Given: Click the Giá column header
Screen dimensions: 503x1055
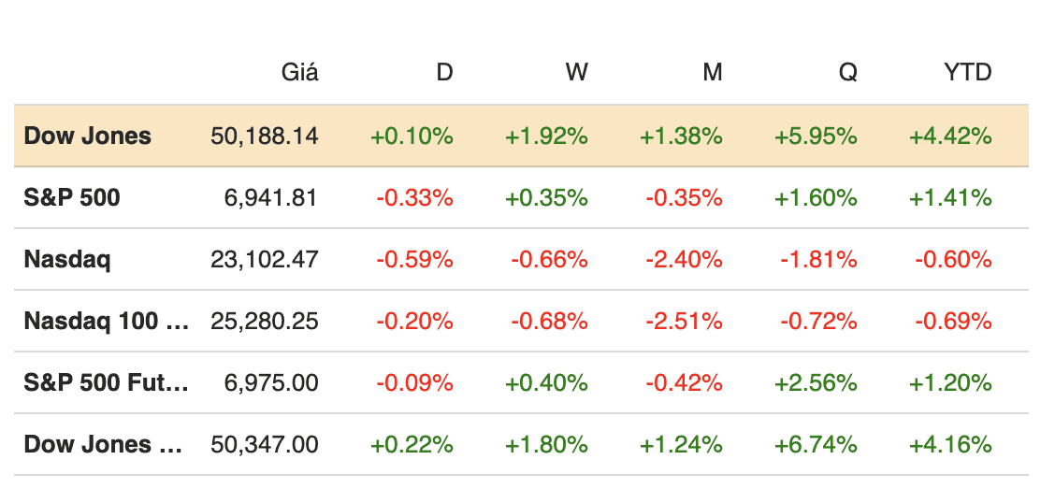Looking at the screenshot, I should [299, 72].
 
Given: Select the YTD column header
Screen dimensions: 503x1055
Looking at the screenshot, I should [967, 72].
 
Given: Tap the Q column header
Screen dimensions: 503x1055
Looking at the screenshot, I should [847, 72].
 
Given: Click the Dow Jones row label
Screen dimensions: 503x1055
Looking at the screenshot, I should [87, 136].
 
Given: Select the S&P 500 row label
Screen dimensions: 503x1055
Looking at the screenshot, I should [72, 197].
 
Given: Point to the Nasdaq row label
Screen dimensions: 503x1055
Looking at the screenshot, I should [66, 259].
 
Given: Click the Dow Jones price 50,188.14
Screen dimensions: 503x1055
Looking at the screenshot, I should [265, 136].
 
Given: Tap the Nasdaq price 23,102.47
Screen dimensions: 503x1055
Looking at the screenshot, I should [265, 259].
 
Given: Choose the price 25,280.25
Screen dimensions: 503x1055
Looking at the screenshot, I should [265, 321].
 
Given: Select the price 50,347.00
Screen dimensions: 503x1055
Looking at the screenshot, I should [265, 444].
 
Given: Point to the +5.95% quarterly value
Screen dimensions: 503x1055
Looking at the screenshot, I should [816, 136].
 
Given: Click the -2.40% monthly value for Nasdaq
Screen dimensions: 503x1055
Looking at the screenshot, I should [684, 259].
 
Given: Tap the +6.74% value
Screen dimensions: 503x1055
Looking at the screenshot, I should [816, 444].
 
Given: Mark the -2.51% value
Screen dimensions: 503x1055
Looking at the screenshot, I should [684, 321].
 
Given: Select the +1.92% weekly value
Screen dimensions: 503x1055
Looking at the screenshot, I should [546, 136].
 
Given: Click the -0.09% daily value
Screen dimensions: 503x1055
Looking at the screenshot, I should [414, 382].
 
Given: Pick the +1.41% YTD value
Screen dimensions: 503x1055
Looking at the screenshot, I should [950, 197].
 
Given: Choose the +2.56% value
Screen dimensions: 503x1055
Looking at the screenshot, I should [816, 382].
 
